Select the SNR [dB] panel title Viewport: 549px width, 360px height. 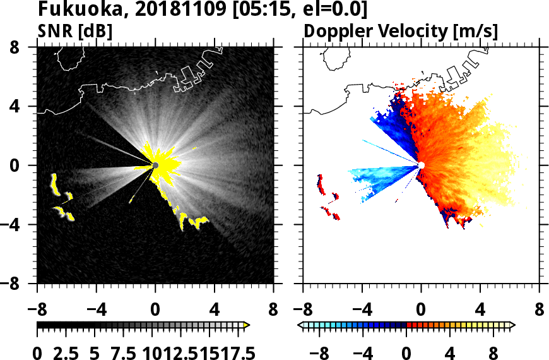click(x=75, y=30)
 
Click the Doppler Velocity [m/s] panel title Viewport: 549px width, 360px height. click(x=401, y=30)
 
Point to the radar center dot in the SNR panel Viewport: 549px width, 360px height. click(x=155, y=165)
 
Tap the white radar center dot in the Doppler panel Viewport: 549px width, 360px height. click(x=422, y=165)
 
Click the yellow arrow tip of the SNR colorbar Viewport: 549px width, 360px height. click(x=247, y=325)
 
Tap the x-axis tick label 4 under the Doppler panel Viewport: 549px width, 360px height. click(x=480, y=311)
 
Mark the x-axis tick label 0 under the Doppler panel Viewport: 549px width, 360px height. click(x=422, y=311)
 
